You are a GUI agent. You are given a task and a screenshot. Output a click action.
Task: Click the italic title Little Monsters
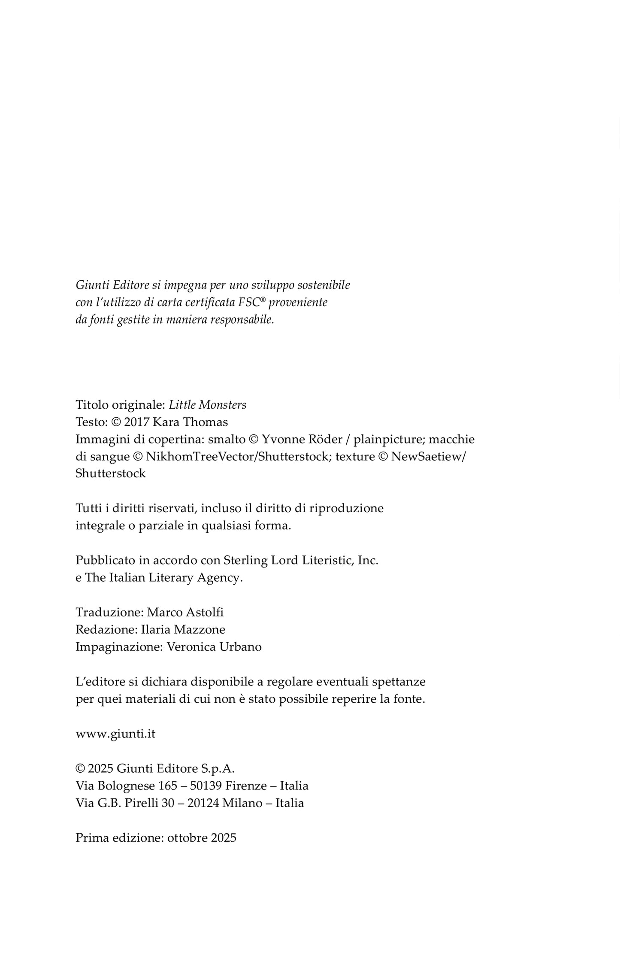[208, 405]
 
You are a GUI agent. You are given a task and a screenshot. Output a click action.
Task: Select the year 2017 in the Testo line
[136, 422]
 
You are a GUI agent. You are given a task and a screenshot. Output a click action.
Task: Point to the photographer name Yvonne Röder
[302, 439]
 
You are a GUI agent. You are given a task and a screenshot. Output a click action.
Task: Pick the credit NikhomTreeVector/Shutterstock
[237, 456]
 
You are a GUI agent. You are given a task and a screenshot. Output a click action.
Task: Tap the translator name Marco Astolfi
[185, 612]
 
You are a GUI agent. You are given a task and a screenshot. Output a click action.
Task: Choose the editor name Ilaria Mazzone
[183, 629]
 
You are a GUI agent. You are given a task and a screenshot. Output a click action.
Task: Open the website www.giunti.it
[115, 734]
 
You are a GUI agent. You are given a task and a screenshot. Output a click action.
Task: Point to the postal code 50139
[206, 786]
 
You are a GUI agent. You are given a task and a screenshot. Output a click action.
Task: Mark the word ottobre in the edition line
[188, 838]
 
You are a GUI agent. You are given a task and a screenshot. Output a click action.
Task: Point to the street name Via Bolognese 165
[127, 786]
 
